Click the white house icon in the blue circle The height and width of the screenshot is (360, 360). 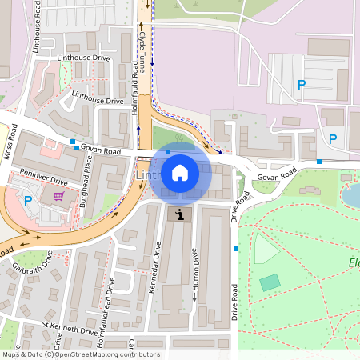click(180, 172)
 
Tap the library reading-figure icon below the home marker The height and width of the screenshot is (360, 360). click(180, 214)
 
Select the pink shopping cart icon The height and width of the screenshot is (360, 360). click(58, 196)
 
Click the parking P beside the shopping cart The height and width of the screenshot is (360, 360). click(28, 201)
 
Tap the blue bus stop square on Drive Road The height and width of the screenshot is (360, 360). click(236, 249)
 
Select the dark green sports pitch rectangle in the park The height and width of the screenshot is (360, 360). click(270, 282)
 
